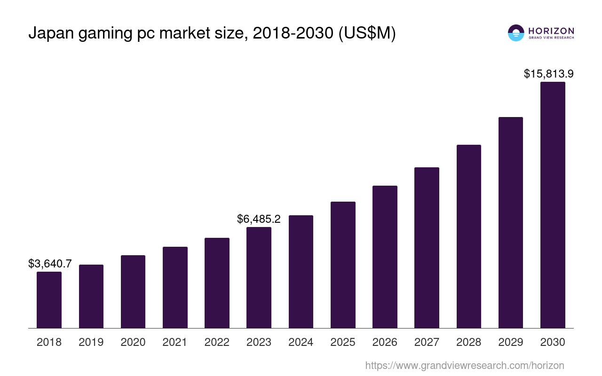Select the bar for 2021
tap(175, 287)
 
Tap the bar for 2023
tap(259, 277)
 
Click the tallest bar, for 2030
tap(553, 205)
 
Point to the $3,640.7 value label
tap(50, 264)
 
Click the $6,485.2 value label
tap(259, 219)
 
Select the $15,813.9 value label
tap(548, 74)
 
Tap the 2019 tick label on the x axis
tap(91, 342)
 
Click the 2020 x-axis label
tap(133, 342)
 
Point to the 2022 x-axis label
tap(217, 342)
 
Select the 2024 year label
tap(301, 342)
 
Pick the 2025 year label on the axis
tap(343, 342)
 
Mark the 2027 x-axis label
tap(427, 342)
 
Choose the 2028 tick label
tap(469, 342)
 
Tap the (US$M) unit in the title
tap(367, 33)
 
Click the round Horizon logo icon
tap(516, 33)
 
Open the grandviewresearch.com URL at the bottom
tap(464, 365)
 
